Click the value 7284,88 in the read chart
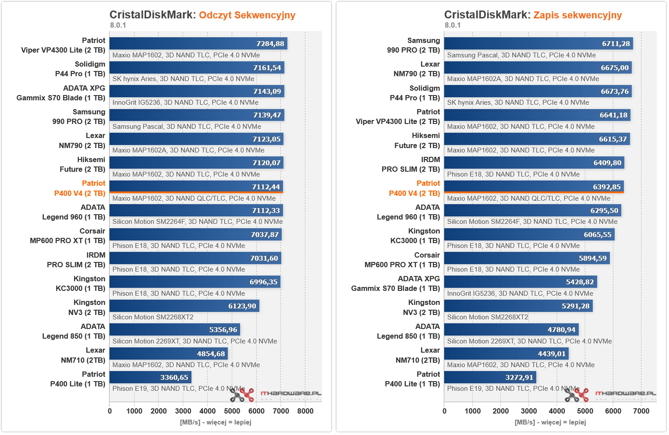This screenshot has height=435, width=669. [x=270, y=44]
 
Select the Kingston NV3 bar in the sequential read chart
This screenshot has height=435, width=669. [x=184, y=306]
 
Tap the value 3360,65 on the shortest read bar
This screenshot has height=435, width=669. [x=174, y=377]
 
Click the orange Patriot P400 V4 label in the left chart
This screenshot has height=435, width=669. [x=80, y=188]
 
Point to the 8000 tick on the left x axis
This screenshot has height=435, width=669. [x=305, y=411]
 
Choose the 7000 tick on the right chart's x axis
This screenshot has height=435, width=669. [x=641, y=411]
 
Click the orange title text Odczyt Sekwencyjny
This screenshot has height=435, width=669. [x=247, y=15]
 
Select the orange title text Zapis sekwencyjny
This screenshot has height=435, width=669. [x=577, y=15]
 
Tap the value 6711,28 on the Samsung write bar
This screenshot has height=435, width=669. [x=616, y=44]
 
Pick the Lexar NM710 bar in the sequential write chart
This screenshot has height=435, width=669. [x=506, y=354]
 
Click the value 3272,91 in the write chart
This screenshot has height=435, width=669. [x=519, y=377]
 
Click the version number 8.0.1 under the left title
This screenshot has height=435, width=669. [x=118, y=25]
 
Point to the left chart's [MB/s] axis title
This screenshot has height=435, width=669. [x=216, y=422]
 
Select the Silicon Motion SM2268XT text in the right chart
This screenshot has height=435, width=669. [x=488, y=317]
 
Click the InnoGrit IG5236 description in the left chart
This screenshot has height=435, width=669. [x=185, y=103]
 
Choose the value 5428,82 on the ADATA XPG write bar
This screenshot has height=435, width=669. [x=580, y=282]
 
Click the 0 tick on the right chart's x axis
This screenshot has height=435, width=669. [x=444, y=411]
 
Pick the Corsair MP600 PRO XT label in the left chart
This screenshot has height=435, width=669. [x=67, y=236]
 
